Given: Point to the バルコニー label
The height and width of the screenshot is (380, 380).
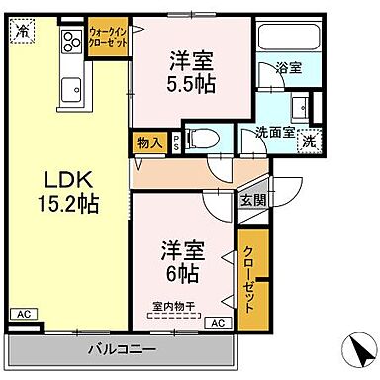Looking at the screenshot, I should tap(122, 349).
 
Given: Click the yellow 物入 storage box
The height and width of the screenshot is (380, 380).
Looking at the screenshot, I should tap(150, 142).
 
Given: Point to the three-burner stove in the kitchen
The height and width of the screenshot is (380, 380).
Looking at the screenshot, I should tap(72, 43).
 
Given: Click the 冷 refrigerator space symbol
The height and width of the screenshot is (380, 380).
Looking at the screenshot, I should tap(22, 30).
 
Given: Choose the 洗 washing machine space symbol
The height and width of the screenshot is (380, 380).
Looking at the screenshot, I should tap(309, 141).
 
